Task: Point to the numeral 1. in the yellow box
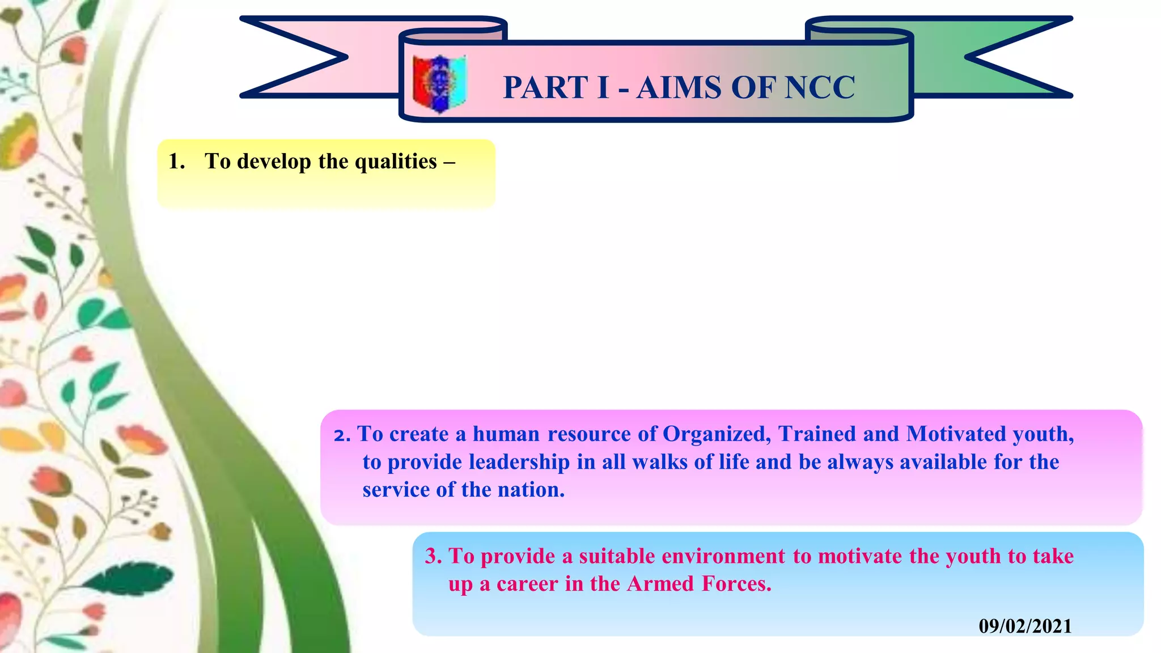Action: point(176,162)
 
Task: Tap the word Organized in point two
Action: point(716,435)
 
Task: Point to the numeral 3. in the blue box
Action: point(433,557)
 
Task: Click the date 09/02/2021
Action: point(1025,626)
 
